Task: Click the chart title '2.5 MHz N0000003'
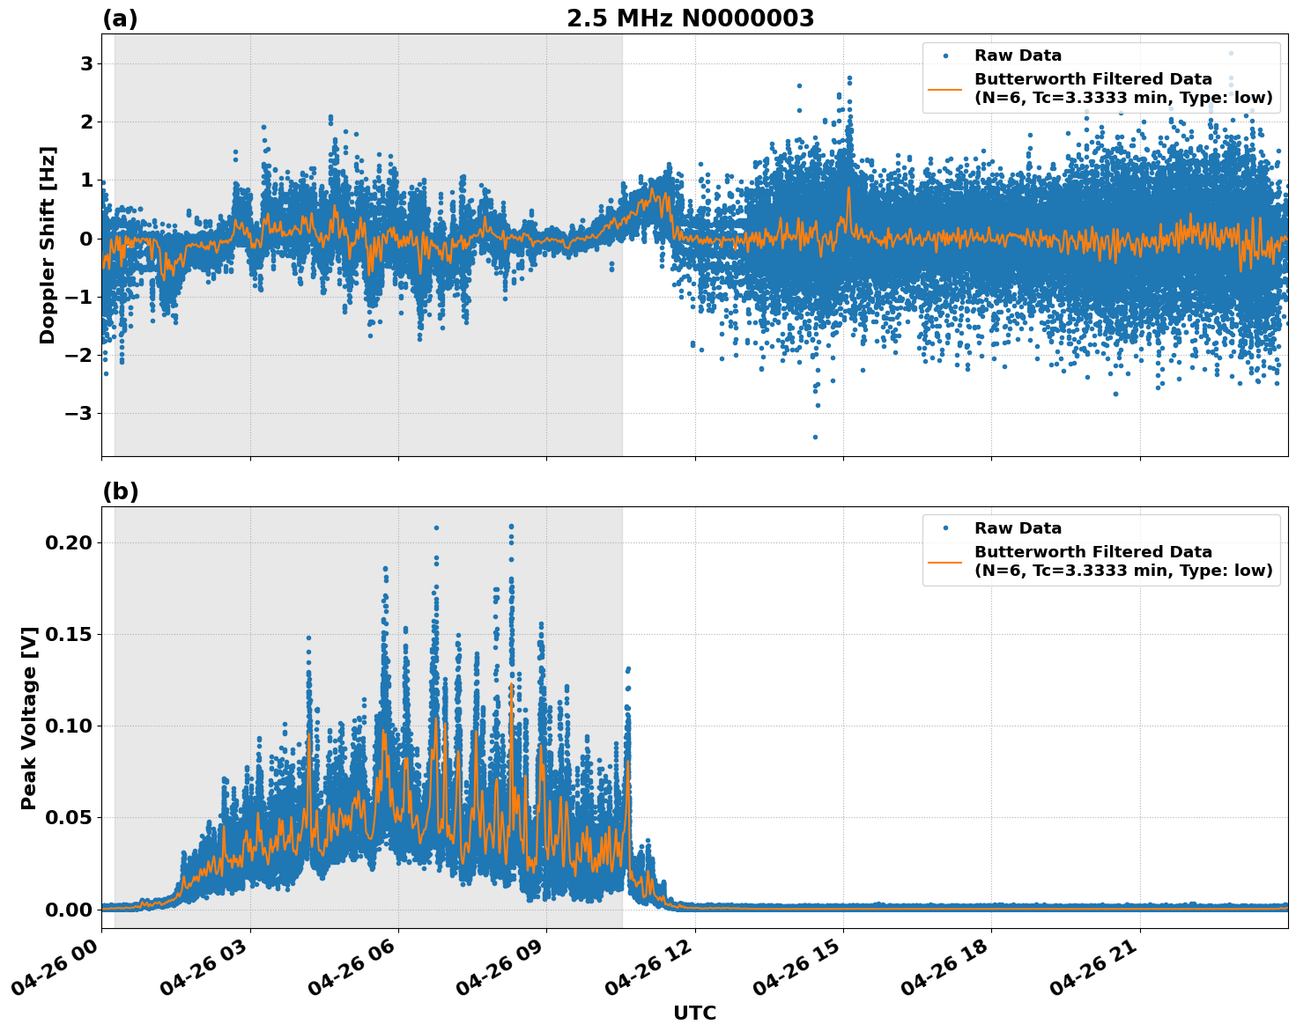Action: tap(690, 18)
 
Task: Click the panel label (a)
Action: tap(120, 18)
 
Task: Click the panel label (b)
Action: tap(120, 491)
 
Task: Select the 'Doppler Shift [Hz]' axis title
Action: tap(48, 245)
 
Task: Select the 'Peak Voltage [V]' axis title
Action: tap(29, 718)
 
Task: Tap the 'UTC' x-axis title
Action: tap(694, 1014)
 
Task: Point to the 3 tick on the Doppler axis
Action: tap(87, 63)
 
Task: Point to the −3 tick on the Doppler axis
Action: tap(81, 414)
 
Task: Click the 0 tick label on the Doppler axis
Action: tap(87, 239)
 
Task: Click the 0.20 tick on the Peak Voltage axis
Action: tap(69, 542)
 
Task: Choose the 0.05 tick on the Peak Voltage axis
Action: tap(69, 817)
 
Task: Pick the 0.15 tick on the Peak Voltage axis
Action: tap(69, 634)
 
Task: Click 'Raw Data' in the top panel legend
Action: tap(1018, 55)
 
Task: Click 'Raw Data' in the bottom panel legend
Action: tap(1018, 528)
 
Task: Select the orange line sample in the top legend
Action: tap(945, 88)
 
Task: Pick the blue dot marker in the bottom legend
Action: tap(945, 528)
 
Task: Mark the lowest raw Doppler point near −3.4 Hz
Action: tap(815, 437)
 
